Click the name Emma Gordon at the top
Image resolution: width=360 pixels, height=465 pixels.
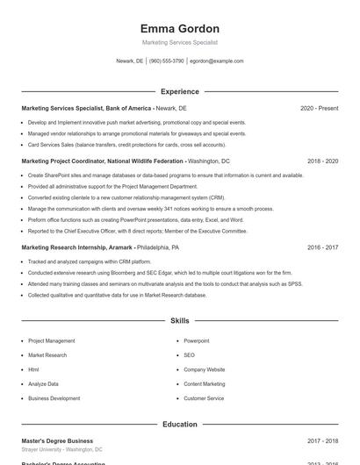pyautogui.click(x=179, y=29)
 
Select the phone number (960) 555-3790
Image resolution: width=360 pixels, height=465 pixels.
pyautogui.click(x=166, y=61)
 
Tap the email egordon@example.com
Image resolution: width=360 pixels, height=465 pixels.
pyautogui.click(x=216, y=61)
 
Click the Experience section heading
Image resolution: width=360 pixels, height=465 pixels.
pyautogui.click(x=179, y=91)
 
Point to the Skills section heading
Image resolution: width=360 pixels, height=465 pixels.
pyautogui.click(x=179, y=321)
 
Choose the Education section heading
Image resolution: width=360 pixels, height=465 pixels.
pyautogui.click(x=179, y=424)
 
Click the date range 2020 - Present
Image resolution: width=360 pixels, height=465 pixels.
pyautogui.click(x=319, y=108)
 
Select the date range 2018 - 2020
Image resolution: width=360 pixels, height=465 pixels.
pyautogui.click(x=322, y=161)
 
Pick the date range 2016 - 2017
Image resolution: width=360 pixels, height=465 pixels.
pyautogui.click(x=322, y=247)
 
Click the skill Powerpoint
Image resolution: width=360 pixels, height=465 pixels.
pyautogui.click(x=197, y=340)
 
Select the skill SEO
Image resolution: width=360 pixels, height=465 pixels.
pyautogui.click(x=189, y=355)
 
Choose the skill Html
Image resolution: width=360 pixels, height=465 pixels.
pyautogui.click(x=33, y=369)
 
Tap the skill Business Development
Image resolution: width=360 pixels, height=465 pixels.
pyautogui.click(x=54, y=398)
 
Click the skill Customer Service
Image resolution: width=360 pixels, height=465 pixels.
pyautogui.click(x=204, y=398)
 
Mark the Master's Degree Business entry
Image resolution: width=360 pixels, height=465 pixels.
pyautogui.click(x=57, y=440)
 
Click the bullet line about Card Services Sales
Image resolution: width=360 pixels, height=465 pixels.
pyautogui.click(x=126, y=144)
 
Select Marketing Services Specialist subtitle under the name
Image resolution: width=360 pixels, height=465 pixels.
pyautogui.click(x=179, y=42)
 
